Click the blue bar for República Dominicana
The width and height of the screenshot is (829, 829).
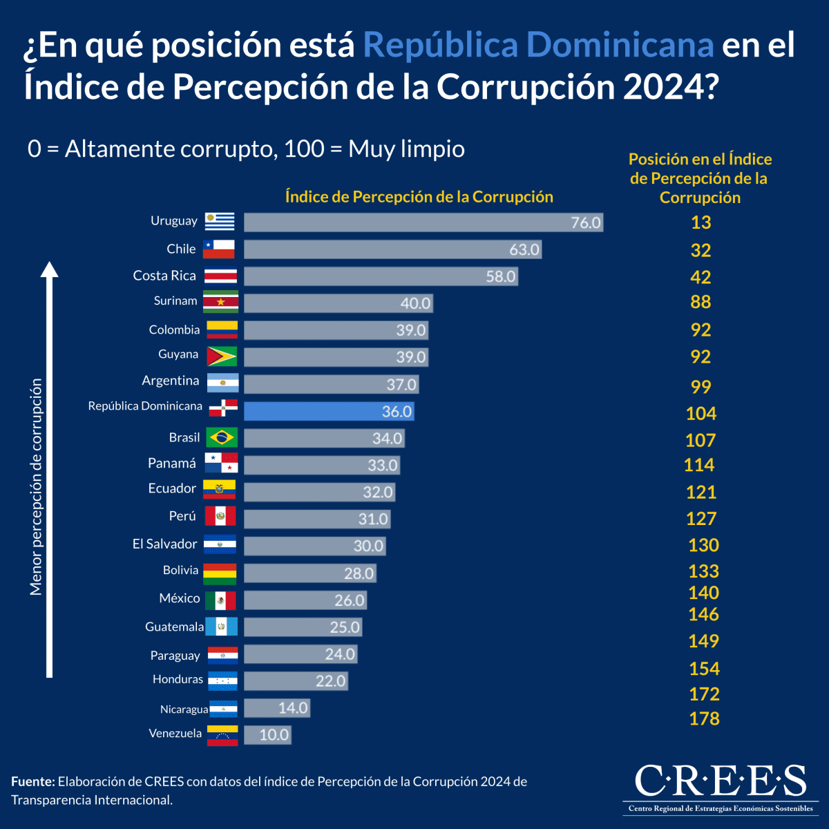[329, 412]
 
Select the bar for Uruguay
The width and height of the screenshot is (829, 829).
[423, 222]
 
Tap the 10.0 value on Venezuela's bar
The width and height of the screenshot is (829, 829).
[274, 735]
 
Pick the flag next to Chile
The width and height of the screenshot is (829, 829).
[219, 249]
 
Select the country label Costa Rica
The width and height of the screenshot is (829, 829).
[164, 276]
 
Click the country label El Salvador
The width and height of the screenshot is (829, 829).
[165, 544]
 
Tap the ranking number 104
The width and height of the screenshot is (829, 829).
[701, 414]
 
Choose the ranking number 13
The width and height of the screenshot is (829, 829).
[701, 222]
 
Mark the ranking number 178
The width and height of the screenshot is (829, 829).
[704, 719]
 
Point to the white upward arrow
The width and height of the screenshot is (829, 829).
[50, 470]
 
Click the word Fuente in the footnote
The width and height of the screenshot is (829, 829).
[32, 782]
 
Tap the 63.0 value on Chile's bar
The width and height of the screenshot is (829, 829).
[524, 250]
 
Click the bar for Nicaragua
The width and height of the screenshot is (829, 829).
[276, 708]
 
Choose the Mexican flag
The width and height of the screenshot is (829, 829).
[220, 600]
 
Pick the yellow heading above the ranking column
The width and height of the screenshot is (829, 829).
[700, 178]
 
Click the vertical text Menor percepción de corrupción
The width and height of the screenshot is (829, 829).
[36, 486]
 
